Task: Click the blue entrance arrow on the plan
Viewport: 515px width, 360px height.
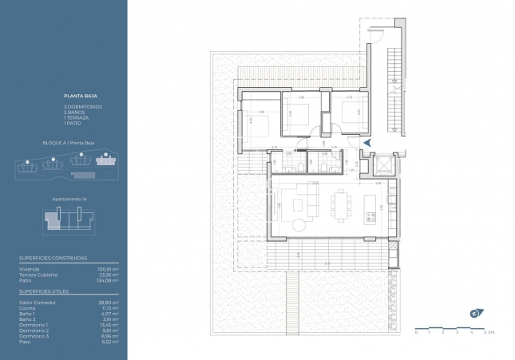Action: (x=367, y=142)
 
